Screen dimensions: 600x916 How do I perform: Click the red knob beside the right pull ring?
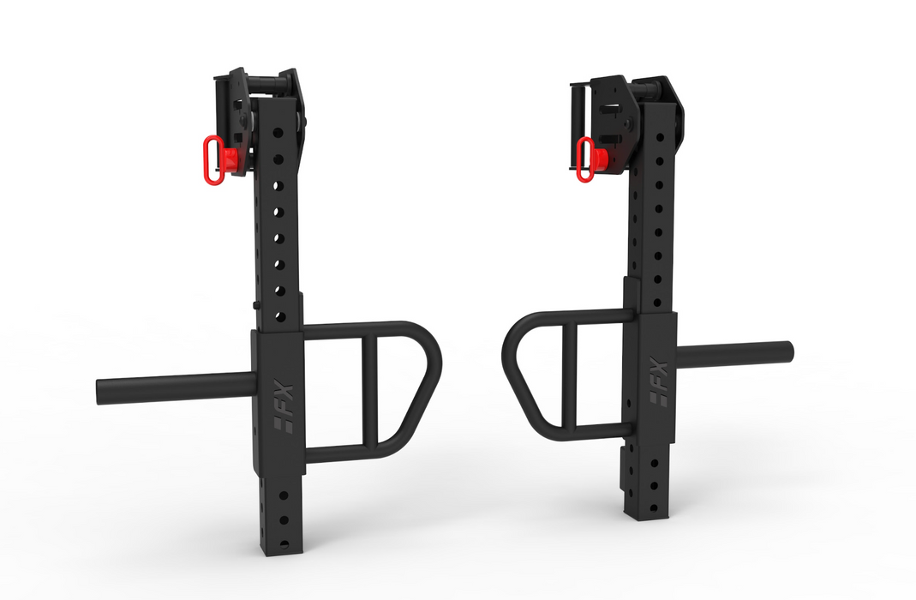(602, 157)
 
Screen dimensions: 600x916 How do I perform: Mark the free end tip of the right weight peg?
(787, 351)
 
